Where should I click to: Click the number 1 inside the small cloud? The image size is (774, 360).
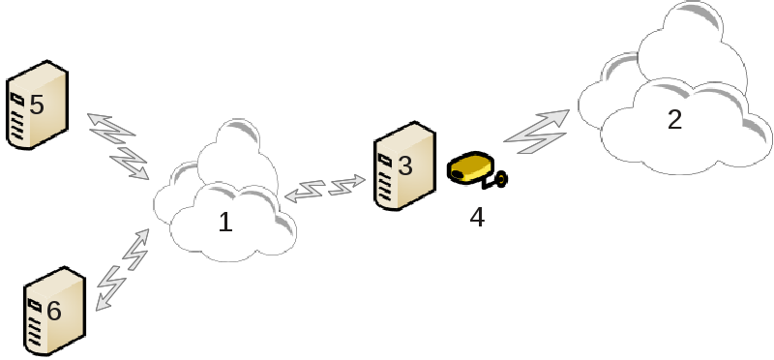225,223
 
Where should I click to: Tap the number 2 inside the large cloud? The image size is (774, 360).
674,119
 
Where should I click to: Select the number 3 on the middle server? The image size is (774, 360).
404,165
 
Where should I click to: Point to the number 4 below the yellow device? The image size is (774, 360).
477,218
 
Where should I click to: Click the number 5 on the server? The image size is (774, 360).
37,105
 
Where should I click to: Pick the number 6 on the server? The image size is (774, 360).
54,311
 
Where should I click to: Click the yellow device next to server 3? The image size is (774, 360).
469,167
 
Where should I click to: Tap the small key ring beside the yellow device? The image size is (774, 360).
500,179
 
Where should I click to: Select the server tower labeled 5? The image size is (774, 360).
37,105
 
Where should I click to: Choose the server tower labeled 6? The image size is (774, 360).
55,311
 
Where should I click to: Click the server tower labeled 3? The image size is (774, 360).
404,165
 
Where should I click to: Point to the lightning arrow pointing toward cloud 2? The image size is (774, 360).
536,132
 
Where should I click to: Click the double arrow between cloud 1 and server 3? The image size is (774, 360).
325,189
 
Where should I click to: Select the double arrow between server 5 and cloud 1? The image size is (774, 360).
118,147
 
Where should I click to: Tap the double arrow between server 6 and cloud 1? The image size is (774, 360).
122,270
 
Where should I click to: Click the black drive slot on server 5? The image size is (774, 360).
17,100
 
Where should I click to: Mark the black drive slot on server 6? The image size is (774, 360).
35,306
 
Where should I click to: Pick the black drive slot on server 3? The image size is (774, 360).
385,160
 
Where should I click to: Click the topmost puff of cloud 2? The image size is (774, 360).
692,30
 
